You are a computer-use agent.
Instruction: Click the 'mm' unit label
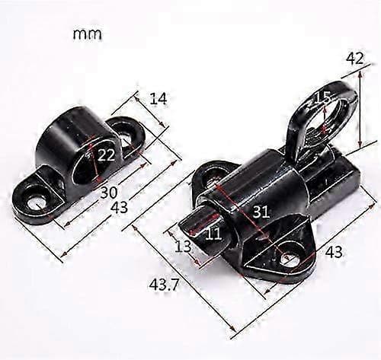coord(88,34)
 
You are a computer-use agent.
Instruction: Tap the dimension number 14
coord(158,99)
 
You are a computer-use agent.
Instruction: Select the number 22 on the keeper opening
coord(106,155)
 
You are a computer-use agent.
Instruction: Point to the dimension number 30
coord(109,193)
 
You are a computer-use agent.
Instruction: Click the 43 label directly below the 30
coord(119,207)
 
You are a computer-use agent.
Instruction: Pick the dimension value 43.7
coord(164,285)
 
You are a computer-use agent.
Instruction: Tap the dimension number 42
coord(355,59)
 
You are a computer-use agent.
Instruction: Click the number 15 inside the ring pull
coord(322,97)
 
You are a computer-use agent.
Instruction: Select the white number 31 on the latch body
coord(261,212)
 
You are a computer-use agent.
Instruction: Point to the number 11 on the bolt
coord(213,234)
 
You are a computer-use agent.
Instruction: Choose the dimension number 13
coord(183,247)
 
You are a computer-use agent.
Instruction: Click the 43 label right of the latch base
coord(334,252)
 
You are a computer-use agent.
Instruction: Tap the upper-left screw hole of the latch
coord(212,174)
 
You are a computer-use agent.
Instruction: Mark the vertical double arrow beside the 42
coord(360,110)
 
